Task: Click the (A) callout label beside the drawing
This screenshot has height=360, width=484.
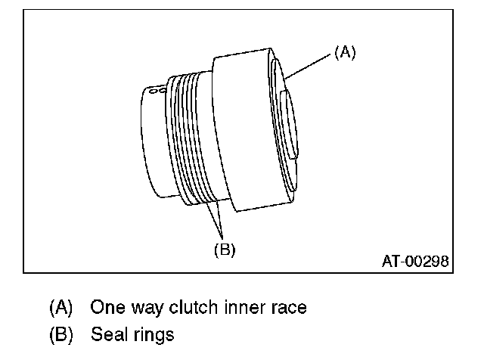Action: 343,51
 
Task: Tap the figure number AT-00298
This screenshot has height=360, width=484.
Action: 415,262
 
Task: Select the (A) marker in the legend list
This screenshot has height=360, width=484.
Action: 61,308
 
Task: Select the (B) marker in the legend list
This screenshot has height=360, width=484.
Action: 61,333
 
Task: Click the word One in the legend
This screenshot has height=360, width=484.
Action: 105,308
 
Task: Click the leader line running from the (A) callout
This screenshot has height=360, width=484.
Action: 309,66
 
